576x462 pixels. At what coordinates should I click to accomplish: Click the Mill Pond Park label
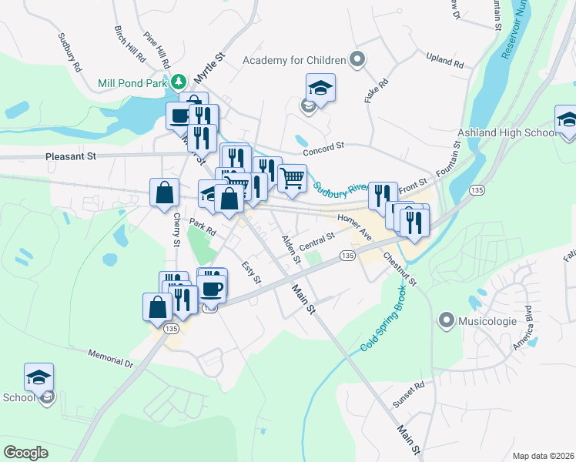coord(132,83)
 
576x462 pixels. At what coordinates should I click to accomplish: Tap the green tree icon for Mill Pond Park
coord(179,81)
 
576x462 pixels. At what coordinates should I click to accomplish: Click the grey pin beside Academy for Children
coord(357,59)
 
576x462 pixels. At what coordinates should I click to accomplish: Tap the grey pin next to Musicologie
coord(446,319)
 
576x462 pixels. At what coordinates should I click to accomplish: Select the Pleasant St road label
coord(69,156)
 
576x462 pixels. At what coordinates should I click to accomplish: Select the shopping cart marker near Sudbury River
coord(292,177)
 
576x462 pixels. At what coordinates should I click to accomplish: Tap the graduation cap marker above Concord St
coord(320,88)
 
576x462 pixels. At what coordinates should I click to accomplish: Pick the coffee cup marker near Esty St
coord(212,286)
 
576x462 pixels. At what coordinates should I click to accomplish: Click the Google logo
coord(26,453)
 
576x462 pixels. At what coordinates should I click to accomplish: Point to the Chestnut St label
coord(399,269)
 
